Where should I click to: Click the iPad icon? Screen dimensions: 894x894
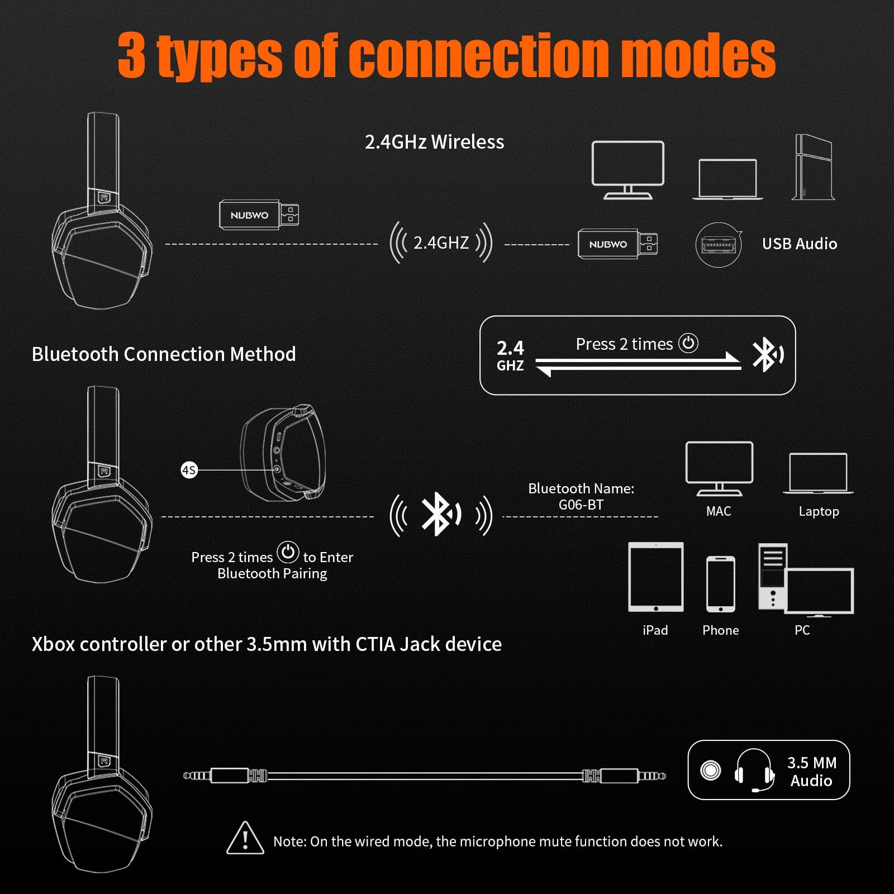tap(655, 577)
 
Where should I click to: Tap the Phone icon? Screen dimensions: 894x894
tap(720, 584)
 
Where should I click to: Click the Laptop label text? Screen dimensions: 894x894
tap(819, 511)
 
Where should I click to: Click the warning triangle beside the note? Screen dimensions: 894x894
tap(245, 839)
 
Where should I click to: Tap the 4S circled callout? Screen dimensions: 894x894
tap(189, 470)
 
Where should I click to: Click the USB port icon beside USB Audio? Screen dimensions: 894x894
tap(719, 244)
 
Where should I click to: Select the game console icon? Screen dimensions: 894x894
tap(814, 167)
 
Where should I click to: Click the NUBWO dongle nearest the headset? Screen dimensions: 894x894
tap(258, 215)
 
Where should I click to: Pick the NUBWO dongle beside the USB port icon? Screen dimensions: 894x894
tap(617, 244)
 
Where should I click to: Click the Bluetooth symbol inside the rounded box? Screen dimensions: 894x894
tap(767, 355)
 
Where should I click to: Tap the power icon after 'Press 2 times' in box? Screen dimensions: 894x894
tap(688, 343)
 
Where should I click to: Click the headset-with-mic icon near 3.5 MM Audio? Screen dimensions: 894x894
tap(754, 771)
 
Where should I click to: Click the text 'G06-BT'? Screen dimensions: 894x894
tap(581, 505)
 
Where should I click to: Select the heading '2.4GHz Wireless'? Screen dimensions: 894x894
tap(434, 142)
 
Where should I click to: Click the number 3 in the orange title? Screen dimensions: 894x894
tap(132, 56)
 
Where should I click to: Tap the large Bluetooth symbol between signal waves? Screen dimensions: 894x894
tap(440, 515)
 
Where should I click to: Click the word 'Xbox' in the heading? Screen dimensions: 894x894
tap(53, 644)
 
